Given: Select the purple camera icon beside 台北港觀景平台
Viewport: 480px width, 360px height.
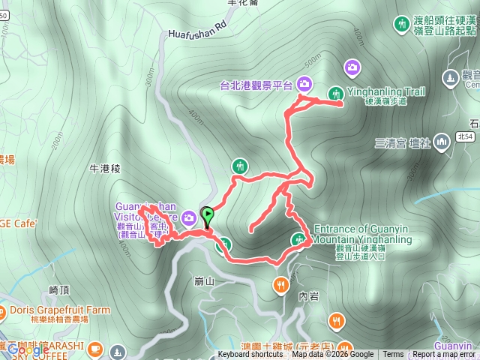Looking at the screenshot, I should click(x=304, y=83).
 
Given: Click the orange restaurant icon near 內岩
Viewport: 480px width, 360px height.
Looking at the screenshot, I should click(x=280, y=284).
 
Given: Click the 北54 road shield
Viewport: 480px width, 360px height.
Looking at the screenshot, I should click(x=464, y=136).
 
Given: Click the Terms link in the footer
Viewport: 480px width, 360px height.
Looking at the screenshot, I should click(x=393, y=355).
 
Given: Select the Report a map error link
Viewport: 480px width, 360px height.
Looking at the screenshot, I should click(x=443, y=355).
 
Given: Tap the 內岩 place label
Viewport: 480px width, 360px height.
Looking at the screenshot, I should click(x=309, y=296).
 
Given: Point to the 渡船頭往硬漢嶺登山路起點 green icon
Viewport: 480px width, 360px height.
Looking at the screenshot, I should click(x=401, y=24).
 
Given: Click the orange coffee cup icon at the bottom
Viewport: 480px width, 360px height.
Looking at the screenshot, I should click(x=94, y=349).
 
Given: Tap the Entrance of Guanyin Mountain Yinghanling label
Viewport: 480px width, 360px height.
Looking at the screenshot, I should click(x=363, y=234).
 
